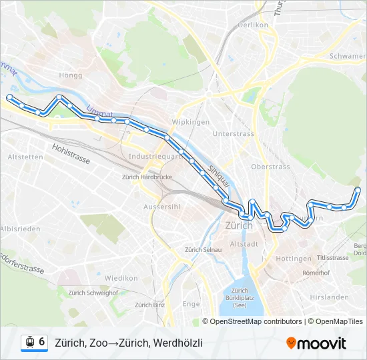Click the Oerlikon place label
tap(252, 25)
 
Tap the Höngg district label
tap(70, 75)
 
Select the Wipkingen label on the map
tap(191, 122)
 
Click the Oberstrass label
tap(270, 166)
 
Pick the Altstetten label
tap(25, 157)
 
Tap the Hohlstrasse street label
tap(70, 148)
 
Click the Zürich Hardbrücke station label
tap(147, 177)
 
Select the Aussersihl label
tap(163, 207)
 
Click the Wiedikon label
tap(121, 278)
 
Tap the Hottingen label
tap(293, 259)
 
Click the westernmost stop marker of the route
tap(9, 97)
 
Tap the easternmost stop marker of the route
tap(358, 190)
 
